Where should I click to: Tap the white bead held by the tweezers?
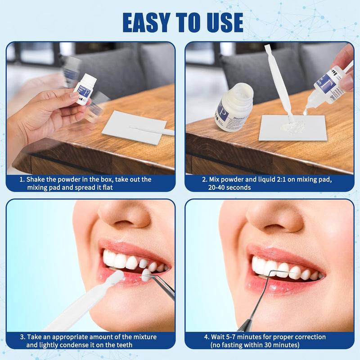[x=146, y=274]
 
